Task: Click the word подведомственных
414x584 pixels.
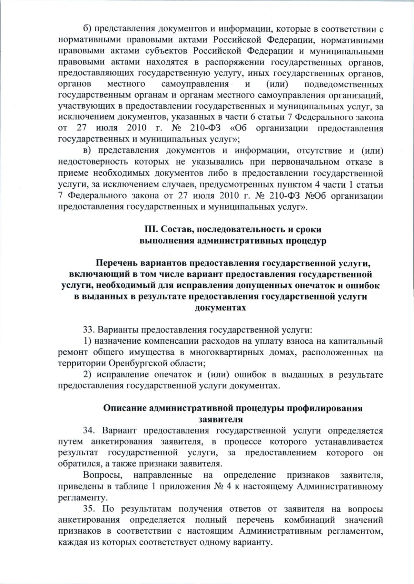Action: point(344,84)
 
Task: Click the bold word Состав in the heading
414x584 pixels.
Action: point(175,229)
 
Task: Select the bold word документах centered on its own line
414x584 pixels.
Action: point(220,308)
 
